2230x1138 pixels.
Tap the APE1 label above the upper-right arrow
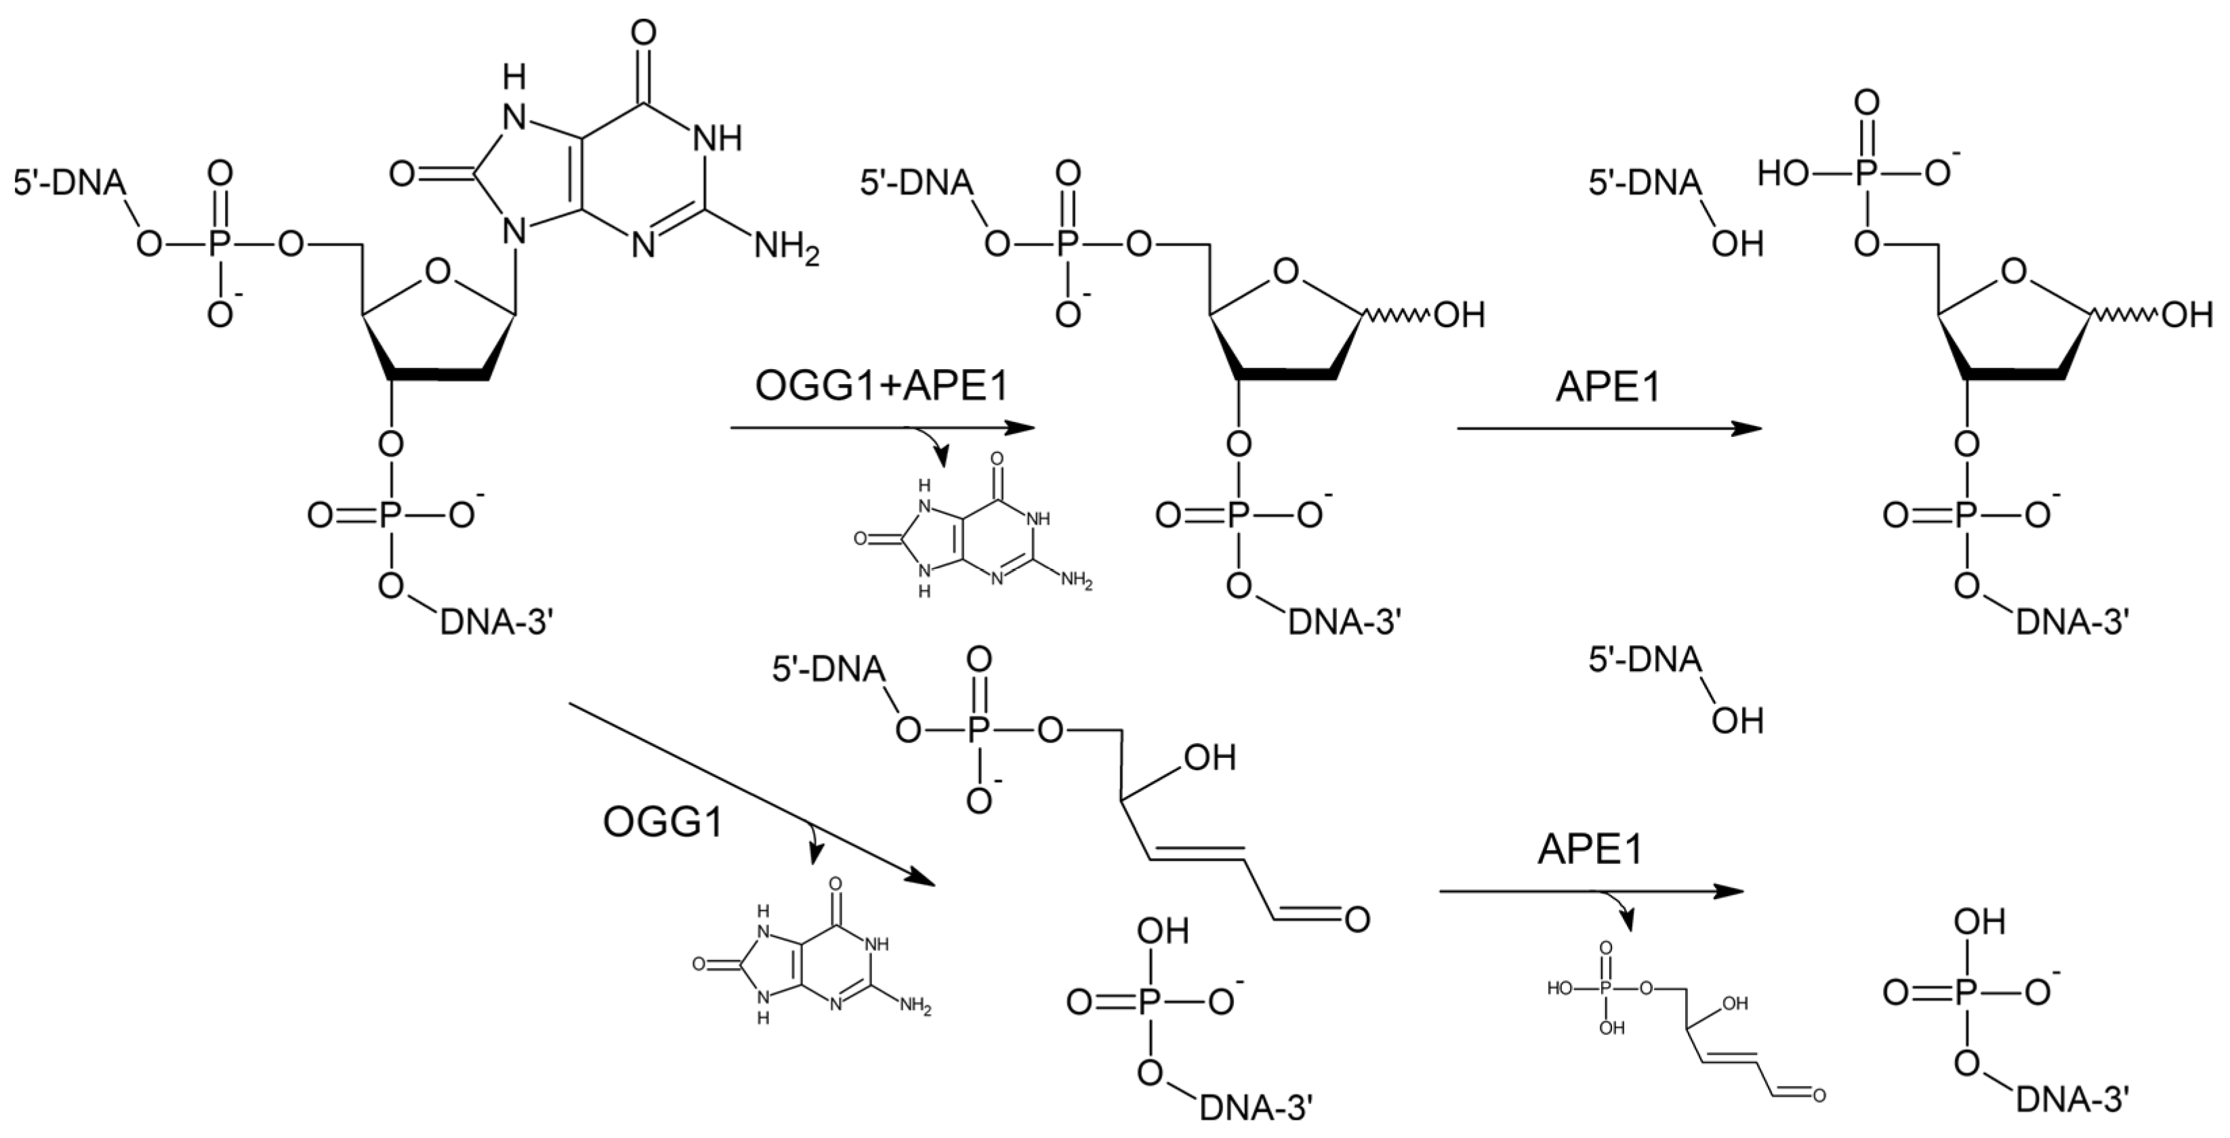(x=1609, y=387)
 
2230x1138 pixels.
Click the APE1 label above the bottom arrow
(x=1590, y=850)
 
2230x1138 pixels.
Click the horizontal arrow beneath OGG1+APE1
(x=883, y=427)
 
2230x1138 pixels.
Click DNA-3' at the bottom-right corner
(x=2071, y=1101)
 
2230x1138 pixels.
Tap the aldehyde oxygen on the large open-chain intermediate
(x=1357, y=918)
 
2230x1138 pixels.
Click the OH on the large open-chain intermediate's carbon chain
(x=1208, y=758)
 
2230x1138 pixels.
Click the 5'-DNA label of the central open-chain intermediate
(x=829, y=669)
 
